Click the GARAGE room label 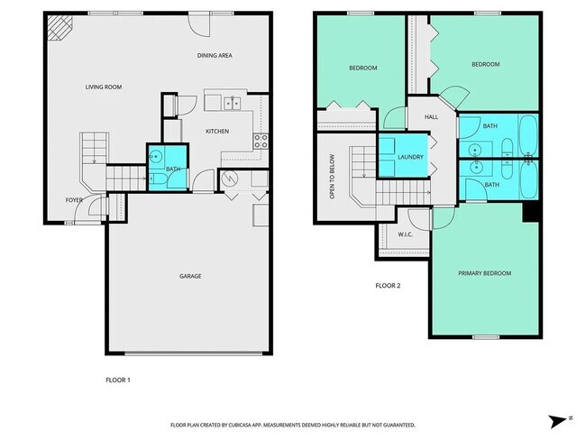click(190, 276)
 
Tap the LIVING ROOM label click(104, 87)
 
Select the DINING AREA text click(215, 55)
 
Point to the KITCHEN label click(217, 132)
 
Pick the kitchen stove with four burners click(261, 142)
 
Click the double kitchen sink click(232, 103)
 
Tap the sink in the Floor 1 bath click(155, 157)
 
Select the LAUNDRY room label click(410, 157)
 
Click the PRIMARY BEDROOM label click(484, 273)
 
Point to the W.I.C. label click(405, 234)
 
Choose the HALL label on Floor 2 click(431, 117)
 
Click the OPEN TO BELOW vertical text click(332, 176)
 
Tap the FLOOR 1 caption click(118, 380)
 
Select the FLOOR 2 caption click(388, 286)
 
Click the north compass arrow click(558, 421)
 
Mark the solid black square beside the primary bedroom click(530, 213)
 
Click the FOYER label click(74, 200)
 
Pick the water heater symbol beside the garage click(228, 179)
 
